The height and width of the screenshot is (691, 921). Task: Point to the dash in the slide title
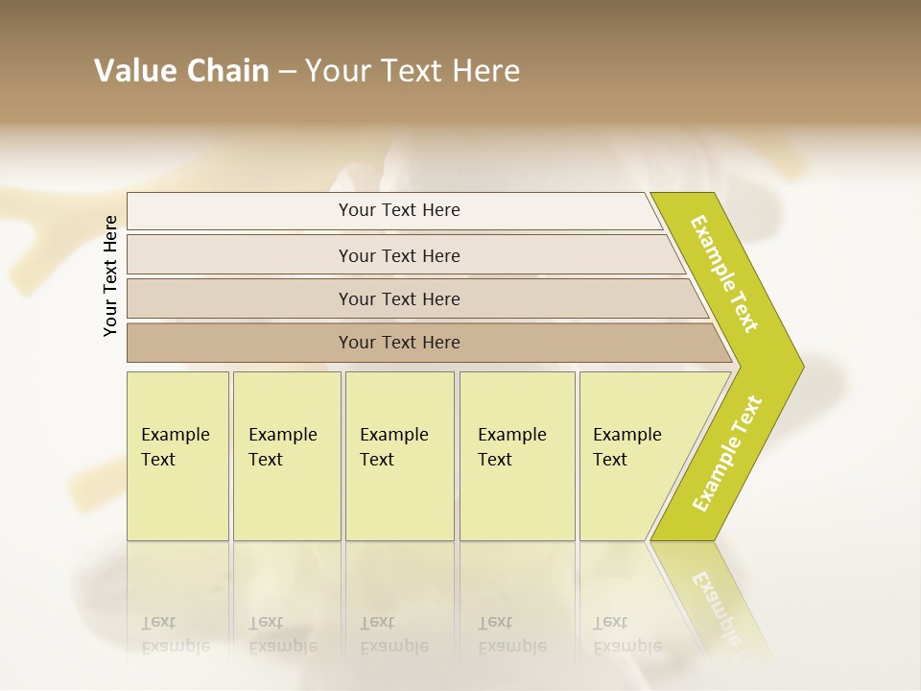tap(287, 72)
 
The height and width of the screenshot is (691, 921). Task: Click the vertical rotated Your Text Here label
tap(110, 275)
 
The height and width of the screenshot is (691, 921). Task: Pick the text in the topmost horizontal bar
tap(399, 210)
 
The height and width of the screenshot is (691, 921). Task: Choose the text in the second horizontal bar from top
tap(399, 256)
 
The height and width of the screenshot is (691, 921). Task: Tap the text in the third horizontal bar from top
tap(399, 299)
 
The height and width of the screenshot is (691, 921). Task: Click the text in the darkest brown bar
tap(399, 343)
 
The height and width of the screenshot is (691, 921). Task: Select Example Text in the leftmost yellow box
tap(175, 447)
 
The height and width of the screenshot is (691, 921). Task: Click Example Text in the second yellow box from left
tap(282, 447)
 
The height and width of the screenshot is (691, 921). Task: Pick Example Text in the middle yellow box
tap(393, 447)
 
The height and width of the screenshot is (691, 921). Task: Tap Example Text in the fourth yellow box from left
tap(511, 447)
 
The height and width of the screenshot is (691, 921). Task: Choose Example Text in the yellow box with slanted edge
tap(626, 447)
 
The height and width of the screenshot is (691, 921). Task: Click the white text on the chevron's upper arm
tap(724, 274)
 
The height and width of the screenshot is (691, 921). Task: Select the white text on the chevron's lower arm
tap(727, 453)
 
